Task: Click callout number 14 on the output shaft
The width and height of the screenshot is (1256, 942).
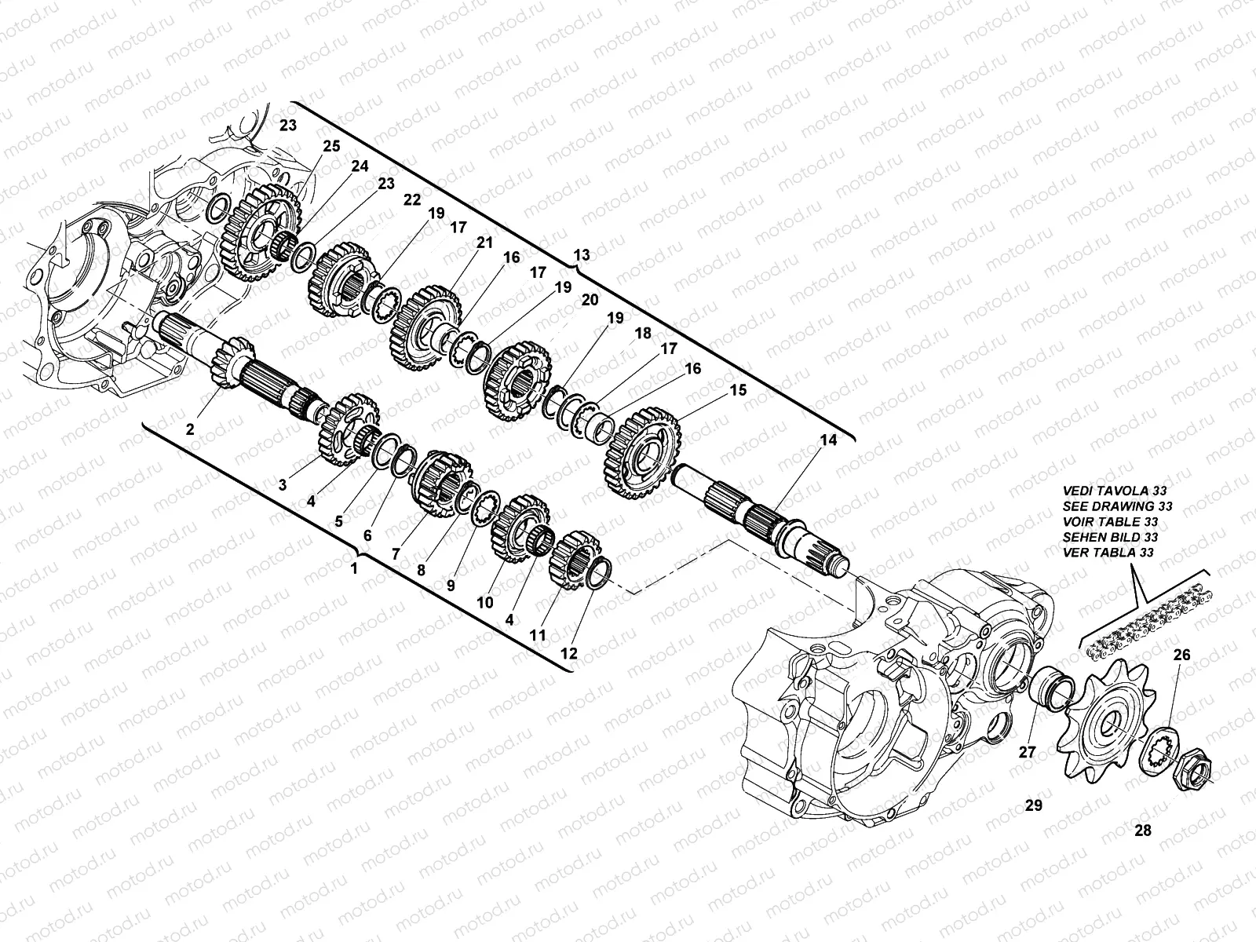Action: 828,440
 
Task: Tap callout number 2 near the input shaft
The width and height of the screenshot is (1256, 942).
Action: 190,429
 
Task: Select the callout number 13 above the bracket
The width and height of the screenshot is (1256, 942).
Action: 582,256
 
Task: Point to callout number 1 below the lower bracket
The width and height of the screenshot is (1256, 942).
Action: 354,568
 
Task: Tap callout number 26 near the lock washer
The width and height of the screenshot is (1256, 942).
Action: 1181,654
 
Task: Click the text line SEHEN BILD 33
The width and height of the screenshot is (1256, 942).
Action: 1109,537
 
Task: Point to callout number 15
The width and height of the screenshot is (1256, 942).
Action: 738,390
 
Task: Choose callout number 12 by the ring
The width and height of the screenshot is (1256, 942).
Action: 568,652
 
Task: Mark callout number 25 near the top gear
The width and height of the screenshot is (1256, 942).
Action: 331,146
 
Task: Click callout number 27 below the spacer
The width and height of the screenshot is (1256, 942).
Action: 1028,751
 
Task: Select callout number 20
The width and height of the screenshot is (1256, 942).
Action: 590,300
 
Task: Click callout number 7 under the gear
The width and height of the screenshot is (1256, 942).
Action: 396,553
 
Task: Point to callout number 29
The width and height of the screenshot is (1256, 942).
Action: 1033,805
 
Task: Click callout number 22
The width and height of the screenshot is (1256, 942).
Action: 413,200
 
